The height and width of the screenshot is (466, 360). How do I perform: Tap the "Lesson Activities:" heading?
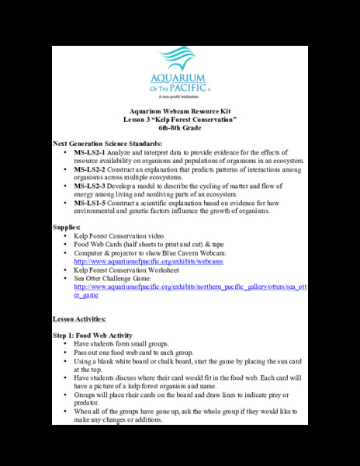pos(85,319)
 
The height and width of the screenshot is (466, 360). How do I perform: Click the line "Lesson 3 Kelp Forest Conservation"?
pos(180,120)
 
